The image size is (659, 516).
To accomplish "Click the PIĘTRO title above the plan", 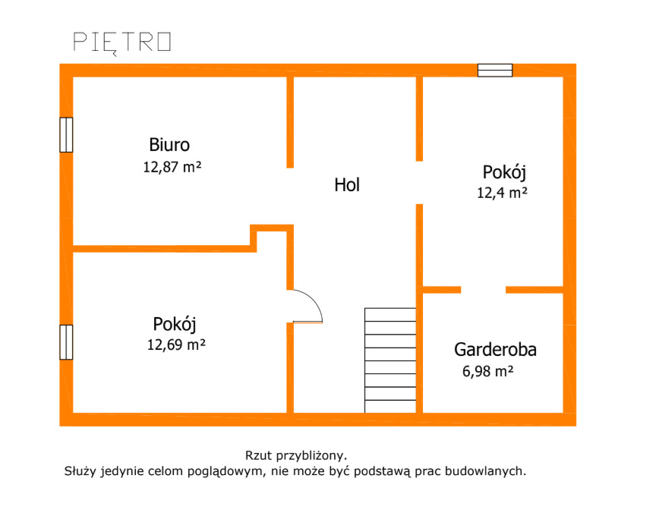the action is (x=122, y=42).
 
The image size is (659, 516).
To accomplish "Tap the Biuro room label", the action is (x=169, y=145).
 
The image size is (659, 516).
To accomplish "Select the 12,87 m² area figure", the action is (x=172, y=167).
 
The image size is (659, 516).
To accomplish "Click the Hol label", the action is (x=347, y=185).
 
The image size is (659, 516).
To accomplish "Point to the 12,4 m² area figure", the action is (x=502, y=193).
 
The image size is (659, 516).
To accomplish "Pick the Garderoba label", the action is (x=495, y=350).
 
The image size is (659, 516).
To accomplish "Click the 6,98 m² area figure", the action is (x=487, y=372).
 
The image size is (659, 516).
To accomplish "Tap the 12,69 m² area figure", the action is (x=176, y=345).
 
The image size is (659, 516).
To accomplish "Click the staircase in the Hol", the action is (x=390, y=360).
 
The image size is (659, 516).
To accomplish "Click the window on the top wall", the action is (x=495, y=70).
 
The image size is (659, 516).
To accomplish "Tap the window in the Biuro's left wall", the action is (x=66, y=135).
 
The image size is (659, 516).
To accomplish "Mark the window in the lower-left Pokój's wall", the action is (x=66, y=342).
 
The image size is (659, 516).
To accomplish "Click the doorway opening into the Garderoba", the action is (x=484, y=290).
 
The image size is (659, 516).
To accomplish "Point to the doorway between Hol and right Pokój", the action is (x=419, y=183).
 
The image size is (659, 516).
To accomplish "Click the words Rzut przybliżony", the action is (x=296, y=455).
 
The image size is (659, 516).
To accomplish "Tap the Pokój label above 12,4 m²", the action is (x=504, y=172).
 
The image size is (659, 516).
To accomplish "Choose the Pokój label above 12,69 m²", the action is (x=175, y=324).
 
